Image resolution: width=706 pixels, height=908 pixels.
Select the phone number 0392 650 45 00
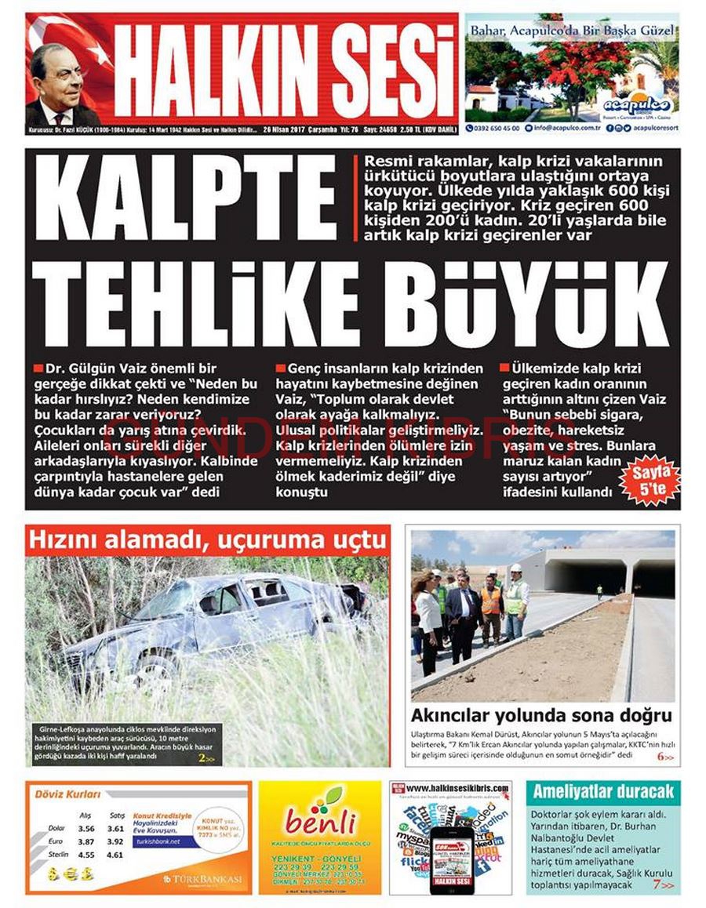(497, 127)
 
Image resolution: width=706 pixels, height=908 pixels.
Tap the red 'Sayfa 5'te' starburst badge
(648, 479)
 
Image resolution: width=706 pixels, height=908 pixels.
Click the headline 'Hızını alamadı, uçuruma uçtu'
(207, 540)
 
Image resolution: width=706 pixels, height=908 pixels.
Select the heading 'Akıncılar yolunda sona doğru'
(541, 715)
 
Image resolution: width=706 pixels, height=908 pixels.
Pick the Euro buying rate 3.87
(86, 841)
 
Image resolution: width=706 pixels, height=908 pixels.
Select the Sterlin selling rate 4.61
(115, 855)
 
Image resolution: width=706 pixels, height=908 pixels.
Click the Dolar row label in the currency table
(56, 827)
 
